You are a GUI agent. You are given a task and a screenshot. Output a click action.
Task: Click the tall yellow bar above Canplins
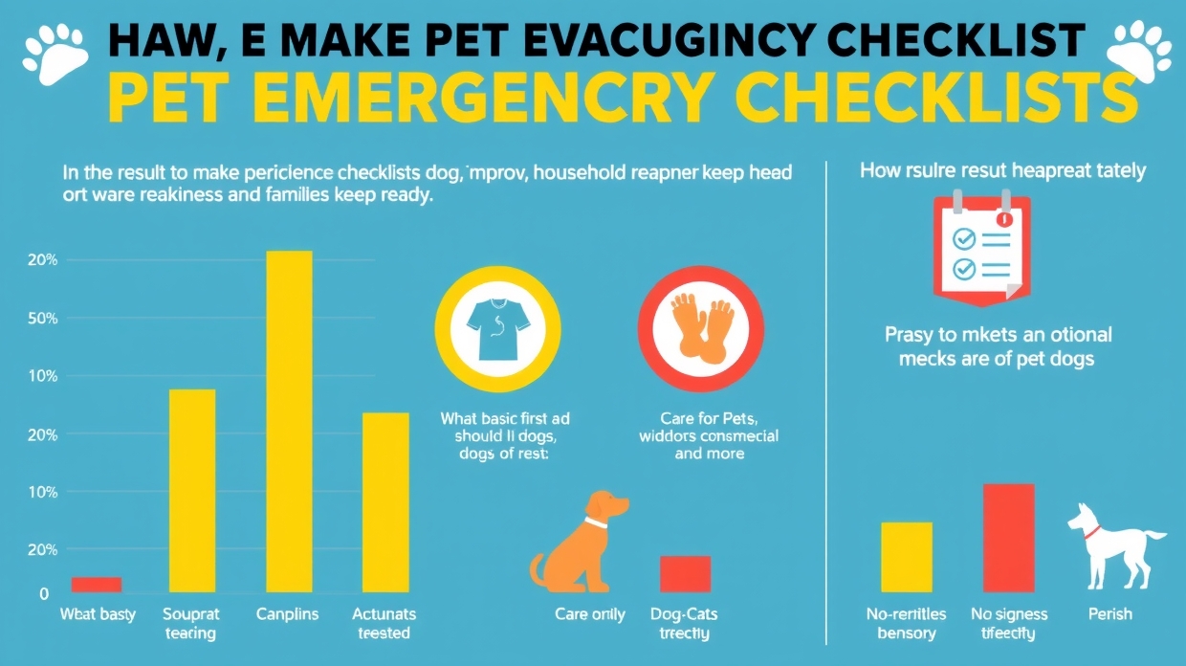[x=289, y=421]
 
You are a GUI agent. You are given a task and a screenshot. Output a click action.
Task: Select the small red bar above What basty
[x=97, y=585]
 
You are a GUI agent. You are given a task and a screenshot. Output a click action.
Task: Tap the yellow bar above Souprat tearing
[x=192, y=490]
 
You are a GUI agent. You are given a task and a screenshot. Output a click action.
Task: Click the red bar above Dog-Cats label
[x=685, y=573]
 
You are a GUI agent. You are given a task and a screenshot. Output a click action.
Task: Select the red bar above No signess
[x=1009, y=538]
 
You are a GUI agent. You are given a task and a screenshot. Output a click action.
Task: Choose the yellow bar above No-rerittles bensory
[x=906, y=557]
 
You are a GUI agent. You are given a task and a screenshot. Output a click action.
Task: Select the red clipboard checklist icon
[x=981, y=248]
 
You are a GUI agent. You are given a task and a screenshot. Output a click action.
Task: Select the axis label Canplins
[x=287, y=614]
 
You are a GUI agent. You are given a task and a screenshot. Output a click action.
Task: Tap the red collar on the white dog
[x=1092, y=532]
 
